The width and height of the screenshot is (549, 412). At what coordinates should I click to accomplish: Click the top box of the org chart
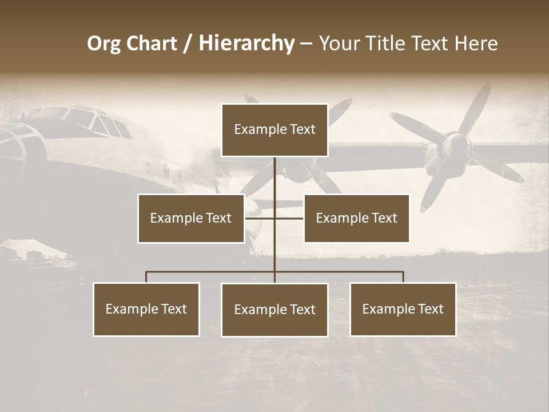click(274, 130)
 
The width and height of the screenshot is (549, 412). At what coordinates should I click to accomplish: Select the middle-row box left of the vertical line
click(191, 218)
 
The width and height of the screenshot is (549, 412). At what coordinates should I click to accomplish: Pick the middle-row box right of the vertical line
click(356, 218)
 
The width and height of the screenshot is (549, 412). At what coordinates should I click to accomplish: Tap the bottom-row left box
click(146, 309)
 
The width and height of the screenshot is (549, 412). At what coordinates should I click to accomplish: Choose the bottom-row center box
click(274, 310)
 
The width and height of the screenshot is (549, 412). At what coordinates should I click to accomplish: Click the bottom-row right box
click(403, 309)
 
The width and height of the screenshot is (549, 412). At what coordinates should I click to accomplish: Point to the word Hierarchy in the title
click(246, 43)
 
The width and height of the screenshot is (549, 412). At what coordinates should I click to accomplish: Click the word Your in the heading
click(340, 43)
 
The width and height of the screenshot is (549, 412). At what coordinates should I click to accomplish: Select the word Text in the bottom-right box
click(430, 309)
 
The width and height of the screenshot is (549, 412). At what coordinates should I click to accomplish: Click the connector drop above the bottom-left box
click(146, 277)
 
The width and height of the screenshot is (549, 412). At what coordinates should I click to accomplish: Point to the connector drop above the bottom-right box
click(403, 277)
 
